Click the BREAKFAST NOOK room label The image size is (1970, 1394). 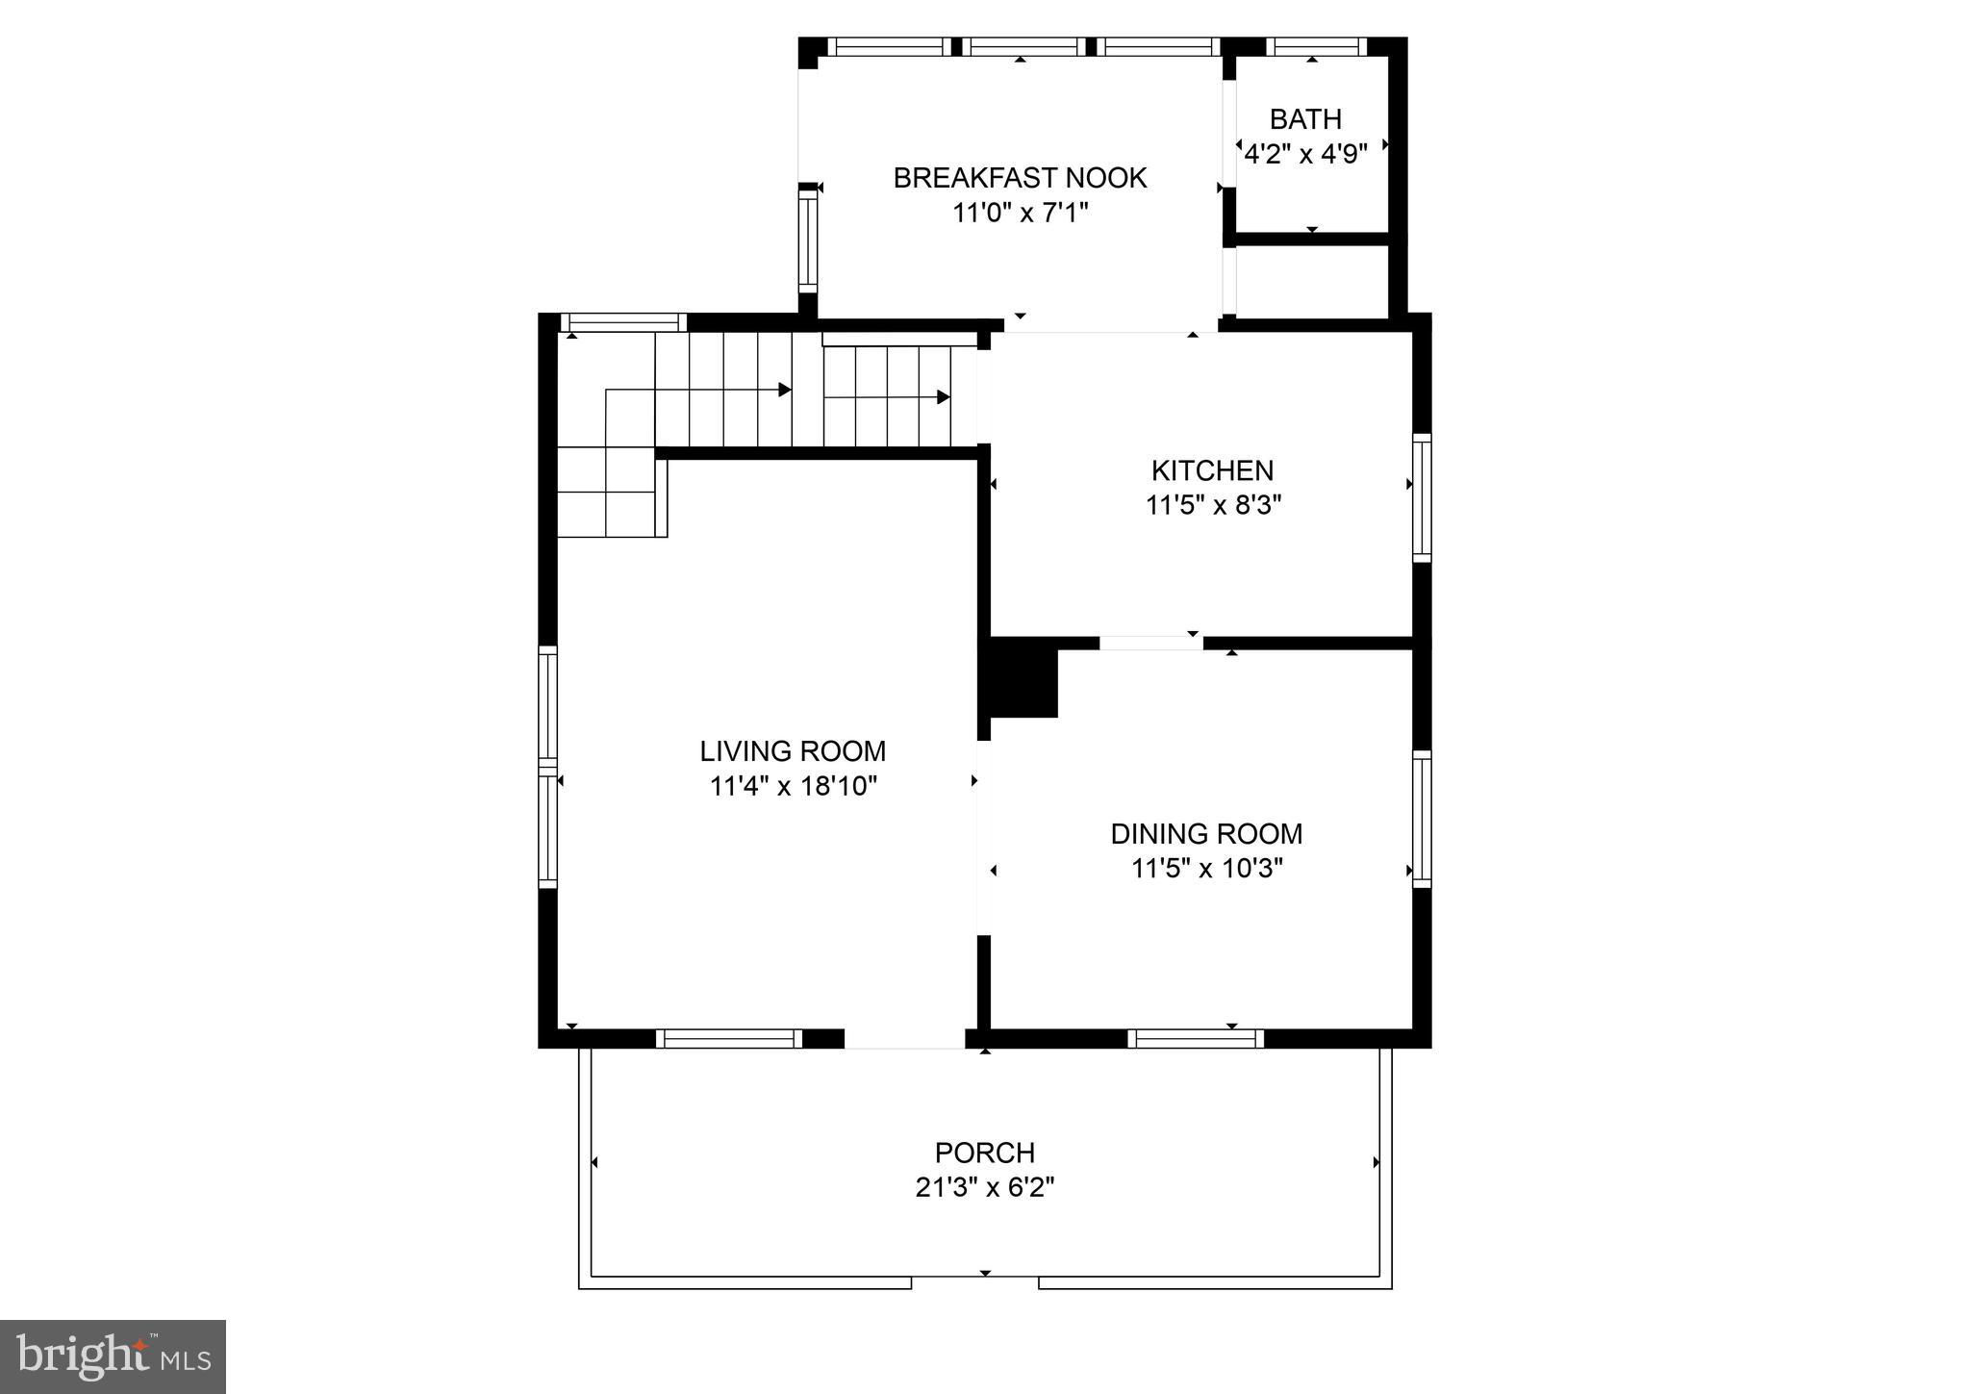click(x=1020, y=178)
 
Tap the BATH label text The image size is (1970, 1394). click(x=1305, y=119)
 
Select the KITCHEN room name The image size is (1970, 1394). click(x=1212, y=470)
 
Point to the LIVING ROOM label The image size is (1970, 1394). click(x=793, y=751)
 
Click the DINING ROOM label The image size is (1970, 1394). click(x=1206, y=834)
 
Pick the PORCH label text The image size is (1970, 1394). click(x=985, y=1153)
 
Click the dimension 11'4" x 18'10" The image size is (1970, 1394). click(x=794, y=787)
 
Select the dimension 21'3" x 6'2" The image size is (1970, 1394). click(x=985, y=1188)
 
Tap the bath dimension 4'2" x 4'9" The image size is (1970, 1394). click(x=1305, y=154)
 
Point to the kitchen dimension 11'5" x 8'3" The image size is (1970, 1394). click(x=1213, y=505)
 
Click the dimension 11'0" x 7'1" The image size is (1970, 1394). click(x=1020, y=213)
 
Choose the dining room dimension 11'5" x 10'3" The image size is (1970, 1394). click(x=1206, y=869)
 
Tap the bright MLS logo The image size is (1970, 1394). click(x=113, y=1356)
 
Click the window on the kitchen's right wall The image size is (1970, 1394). click(x=1422, y=497)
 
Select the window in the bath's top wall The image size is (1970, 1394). click(x=1316, y=46)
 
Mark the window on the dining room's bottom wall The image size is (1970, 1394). click(x=1196, y=1038)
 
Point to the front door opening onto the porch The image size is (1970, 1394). click(x=904, y=1039)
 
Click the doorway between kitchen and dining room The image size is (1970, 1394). click(x=1150, y=643)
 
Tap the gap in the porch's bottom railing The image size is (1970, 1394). click(x=974, y=1282)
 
